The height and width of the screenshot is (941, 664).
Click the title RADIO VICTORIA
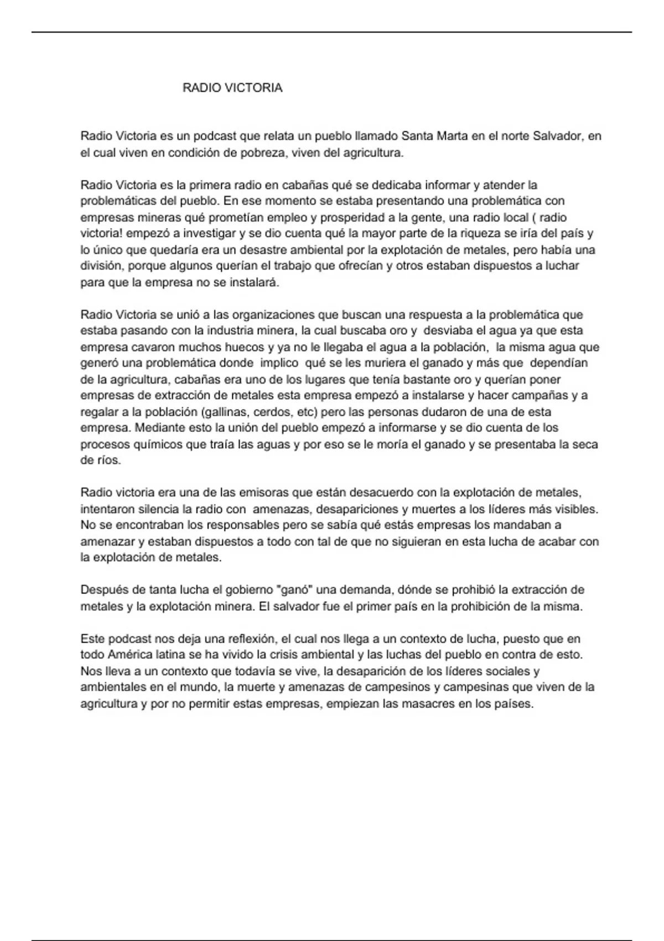coord(232,88)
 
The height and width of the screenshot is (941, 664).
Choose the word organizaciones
coord(273,315)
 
